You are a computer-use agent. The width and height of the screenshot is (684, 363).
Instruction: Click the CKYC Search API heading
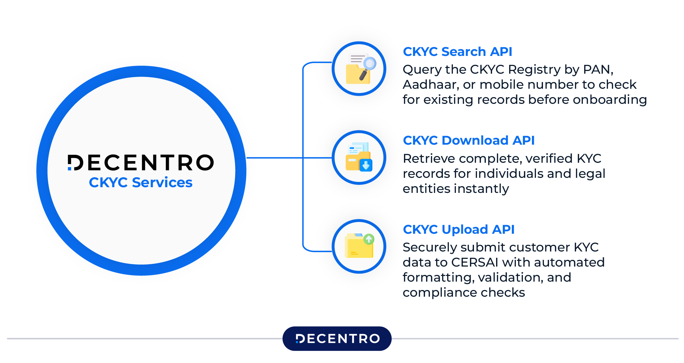coord(457,52)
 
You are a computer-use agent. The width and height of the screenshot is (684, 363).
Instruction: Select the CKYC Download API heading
coord(468,141)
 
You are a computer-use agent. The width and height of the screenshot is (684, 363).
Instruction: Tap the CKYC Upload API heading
coord(458,230)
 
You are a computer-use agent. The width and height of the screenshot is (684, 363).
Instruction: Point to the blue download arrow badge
coord(366,165)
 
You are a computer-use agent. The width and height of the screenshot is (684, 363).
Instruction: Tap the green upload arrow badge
coord(369,239)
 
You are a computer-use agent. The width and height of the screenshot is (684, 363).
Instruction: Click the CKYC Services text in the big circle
coord(141,183)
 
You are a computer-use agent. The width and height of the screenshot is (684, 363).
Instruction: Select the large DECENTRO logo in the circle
coord(141,163)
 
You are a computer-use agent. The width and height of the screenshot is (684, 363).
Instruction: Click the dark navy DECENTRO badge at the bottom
coord(337,339)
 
